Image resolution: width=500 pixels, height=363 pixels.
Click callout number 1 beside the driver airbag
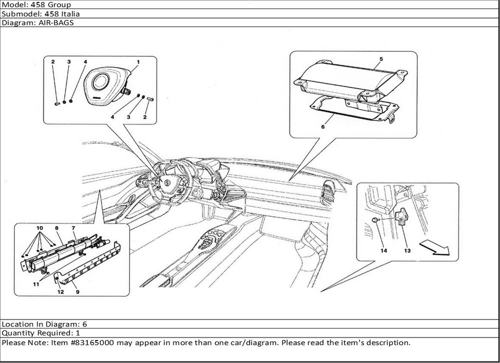pyautogui.click(x=138, y=62)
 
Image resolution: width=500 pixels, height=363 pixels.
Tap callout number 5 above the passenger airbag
pyautogui.click(x=381, y=59)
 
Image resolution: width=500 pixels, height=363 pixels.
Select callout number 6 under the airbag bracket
pyautogui.click(x=323, y=126)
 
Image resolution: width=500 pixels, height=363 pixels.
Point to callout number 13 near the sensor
pyautogui.click(x=407, y=250)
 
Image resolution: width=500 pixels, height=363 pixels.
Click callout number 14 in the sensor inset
pyautogui.click(x=383, y=250)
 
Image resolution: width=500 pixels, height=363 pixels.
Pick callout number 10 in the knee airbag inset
pyautogui.click(x=39, y=228)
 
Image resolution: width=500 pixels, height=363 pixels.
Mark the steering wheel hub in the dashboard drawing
pyautogui.click(x=167, y=183)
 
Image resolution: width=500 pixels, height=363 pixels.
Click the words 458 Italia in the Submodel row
pyautogui.click(x=62, y=13)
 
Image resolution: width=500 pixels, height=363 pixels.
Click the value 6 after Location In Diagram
pyautogui.click(x=84, y=324)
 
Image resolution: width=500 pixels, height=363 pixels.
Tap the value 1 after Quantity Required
pyautogui.click(x=78, y=333)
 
